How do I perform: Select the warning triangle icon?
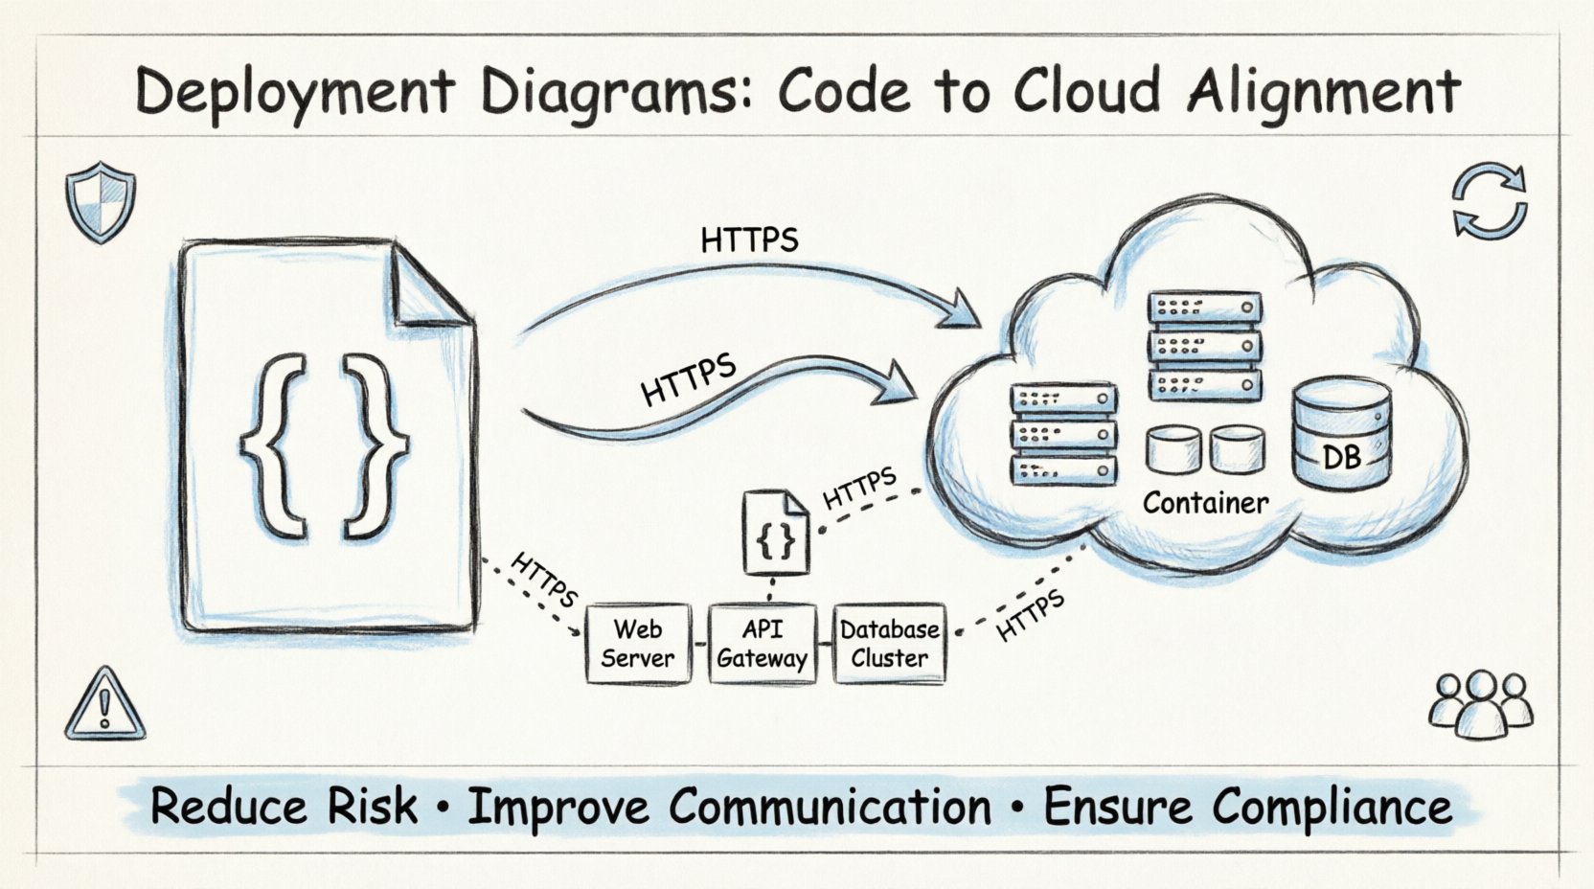[104, 705]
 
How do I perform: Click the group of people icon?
[1480, 703]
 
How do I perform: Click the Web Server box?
[637, 644]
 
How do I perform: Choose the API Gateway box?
[763, 644]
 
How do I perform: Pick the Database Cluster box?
[889, 644]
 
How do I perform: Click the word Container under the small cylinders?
[1205, 503]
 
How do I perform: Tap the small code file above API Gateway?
[776, 533]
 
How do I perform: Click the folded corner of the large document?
[430, 287]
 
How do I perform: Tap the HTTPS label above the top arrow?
[749, 239]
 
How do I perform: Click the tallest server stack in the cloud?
[1204, 346]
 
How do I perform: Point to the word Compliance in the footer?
[1332, 807]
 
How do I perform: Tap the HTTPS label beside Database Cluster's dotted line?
[1030, 615]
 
